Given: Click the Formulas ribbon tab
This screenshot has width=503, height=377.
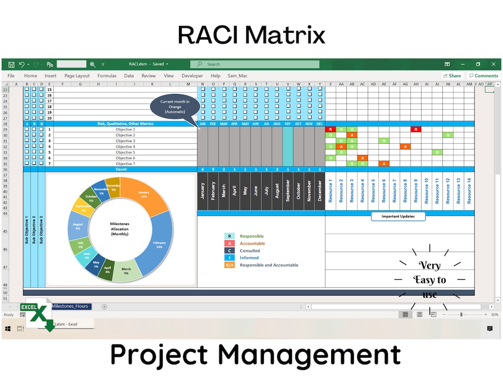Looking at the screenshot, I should [107, 76].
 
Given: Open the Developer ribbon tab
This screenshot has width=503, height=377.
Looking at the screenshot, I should [192, 76].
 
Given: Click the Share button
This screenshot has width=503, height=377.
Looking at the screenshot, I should [452, 76].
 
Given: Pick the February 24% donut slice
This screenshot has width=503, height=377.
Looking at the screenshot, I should [158, 245].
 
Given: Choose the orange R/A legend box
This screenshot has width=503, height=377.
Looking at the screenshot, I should [229, 265].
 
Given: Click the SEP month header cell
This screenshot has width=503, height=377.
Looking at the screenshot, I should [288, 124].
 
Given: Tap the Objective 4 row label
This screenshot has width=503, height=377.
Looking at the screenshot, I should [125, 147].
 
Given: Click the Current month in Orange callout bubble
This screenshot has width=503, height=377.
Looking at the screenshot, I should [175, 107].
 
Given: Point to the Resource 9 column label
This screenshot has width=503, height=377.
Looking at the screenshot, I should [415, 191].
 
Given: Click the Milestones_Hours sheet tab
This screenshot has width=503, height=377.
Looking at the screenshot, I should [70, 306].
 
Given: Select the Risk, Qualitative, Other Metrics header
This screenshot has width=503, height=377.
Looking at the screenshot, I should [125, 124].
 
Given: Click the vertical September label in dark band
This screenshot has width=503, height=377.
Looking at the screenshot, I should [288, 191].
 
